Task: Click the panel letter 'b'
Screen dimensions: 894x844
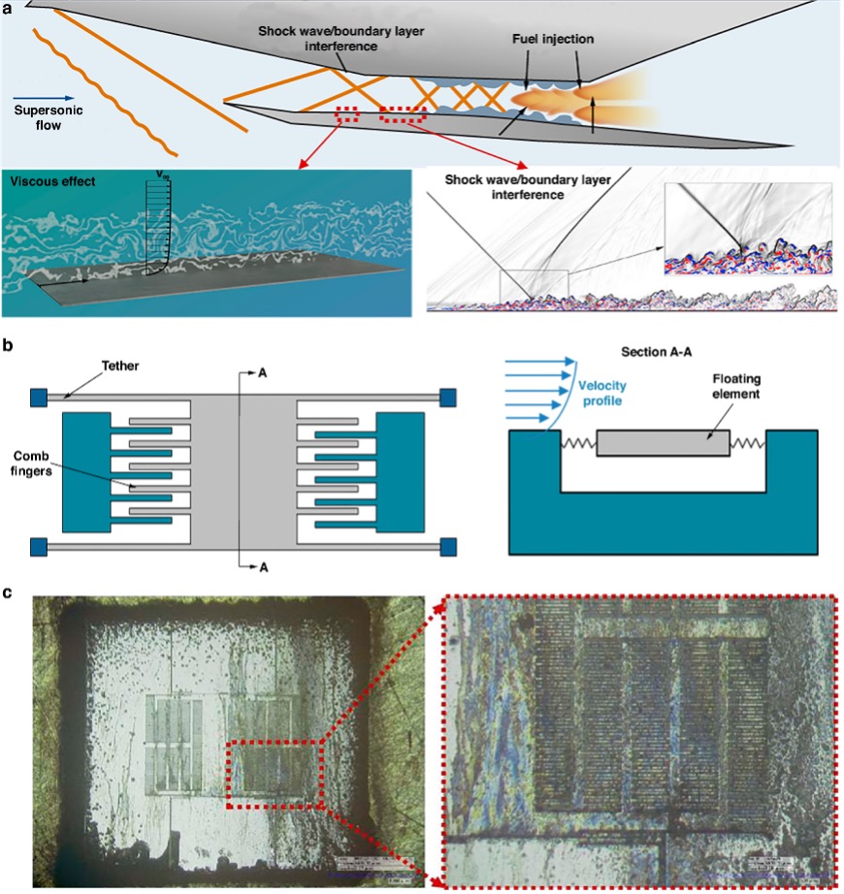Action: (x=9, y=344)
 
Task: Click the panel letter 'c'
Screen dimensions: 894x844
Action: (x=9, y=591)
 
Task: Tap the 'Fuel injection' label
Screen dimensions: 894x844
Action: (x=554, y=40)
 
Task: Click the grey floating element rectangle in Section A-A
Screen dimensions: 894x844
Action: (x=663, y=443)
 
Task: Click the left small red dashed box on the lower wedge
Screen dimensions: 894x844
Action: (x=347, y=115)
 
